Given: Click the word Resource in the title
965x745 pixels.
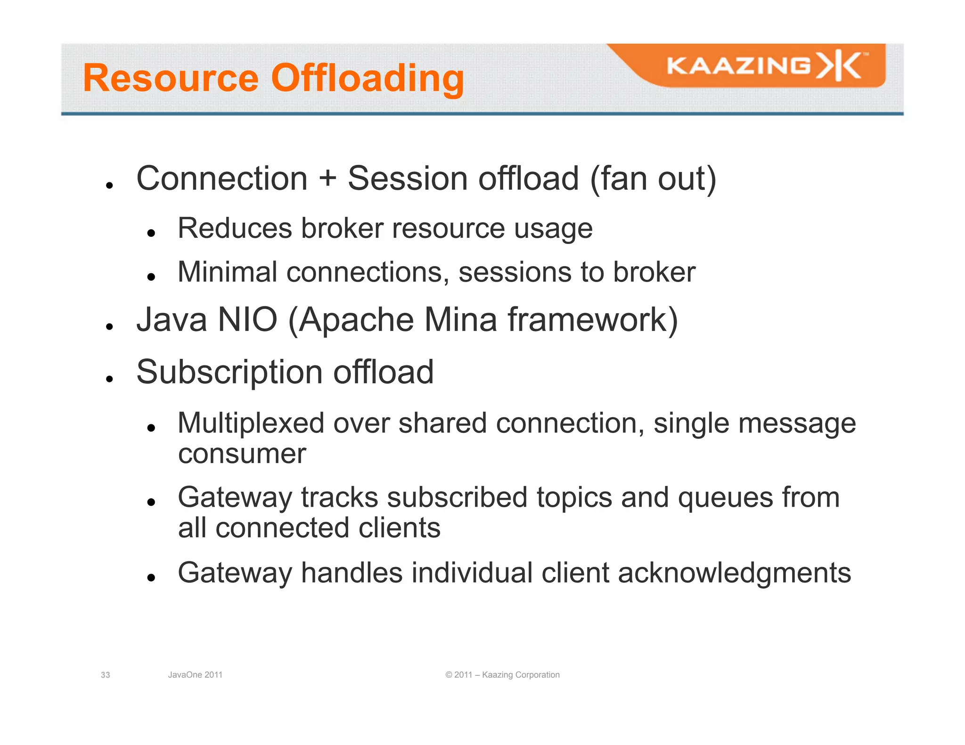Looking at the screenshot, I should coord(171,78).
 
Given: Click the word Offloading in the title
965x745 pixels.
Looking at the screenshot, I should coord(368,78).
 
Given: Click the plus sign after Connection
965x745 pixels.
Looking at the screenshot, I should coord(327,179).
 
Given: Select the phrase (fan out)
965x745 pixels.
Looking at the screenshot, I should coord(653,179).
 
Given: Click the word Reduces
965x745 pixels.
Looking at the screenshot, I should coord(235,229).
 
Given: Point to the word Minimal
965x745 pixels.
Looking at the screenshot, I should coord(227,273).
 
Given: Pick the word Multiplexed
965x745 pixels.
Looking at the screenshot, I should coord(251,423).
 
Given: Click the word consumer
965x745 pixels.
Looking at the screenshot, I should coord(242,454).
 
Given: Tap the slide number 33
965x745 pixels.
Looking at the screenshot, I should coord(106,675).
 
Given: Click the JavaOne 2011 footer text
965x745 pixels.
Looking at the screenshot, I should coord(195,675).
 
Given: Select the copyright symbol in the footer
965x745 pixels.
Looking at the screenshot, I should coord(449,675).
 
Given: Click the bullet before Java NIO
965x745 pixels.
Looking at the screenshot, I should coord(109,326).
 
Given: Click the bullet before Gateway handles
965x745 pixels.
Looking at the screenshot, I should coord(151,578).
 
